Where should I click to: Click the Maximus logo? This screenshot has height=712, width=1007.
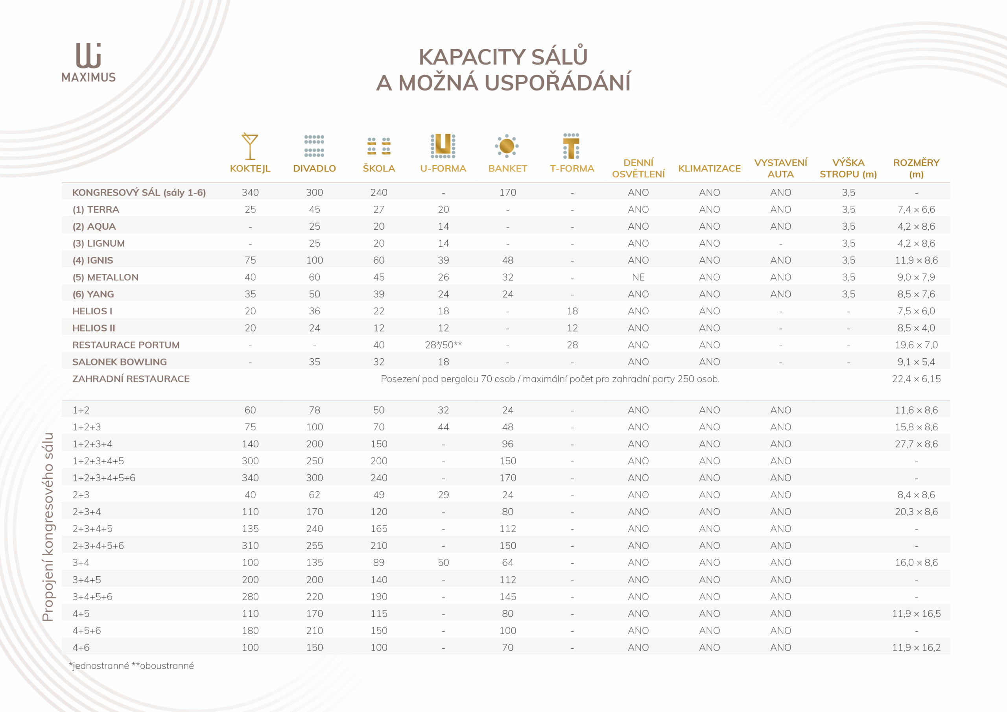[x=89, y=62]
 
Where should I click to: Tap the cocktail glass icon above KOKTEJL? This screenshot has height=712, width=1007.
[x=250, y=146]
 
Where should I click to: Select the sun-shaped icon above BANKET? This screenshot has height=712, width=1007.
[x=507, y=146]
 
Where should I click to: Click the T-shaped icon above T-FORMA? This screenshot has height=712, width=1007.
[x=572, y=146]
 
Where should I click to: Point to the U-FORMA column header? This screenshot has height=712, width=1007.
[x=443, y=168]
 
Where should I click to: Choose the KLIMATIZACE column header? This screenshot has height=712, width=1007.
[x=709, y=168]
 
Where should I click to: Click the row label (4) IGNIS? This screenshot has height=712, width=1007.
[x=92, y=260]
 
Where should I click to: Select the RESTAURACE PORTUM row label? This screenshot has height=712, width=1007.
[x=126, y=345]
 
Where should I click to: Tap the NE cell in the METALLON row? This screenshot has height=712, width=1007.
[x=638, y=277]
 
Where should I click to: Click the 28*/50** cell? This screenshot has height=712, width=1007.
[x=443, y=345]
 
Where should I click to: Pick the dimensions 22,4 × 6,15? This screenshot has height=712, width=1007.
[x=916, y=379]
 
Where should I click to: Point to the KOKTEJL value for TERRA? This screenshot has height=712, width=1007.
[x=250, y=210]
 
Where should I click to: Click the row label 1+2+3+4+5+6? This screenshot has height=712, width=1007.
[x=104, y=478]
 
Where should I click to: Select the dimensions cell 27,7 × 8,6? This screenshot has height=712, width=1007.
[x=916, y=444]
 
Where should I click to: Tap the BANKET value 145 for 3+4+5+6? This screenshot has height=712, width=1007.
[x=507, y=597]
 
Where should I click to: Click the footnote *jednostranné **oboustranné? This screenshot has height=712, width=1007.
[x=131, y=666]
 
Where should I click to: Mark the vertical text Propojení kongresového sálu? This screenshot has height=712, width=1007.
[x=47, y=526]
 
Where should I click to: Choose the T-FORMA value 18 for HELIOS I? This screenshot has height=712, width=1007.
[x=572, y=311]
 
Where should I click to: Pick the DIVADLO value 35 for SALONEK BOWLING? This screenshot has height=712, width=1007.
[x=314, y=362]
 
